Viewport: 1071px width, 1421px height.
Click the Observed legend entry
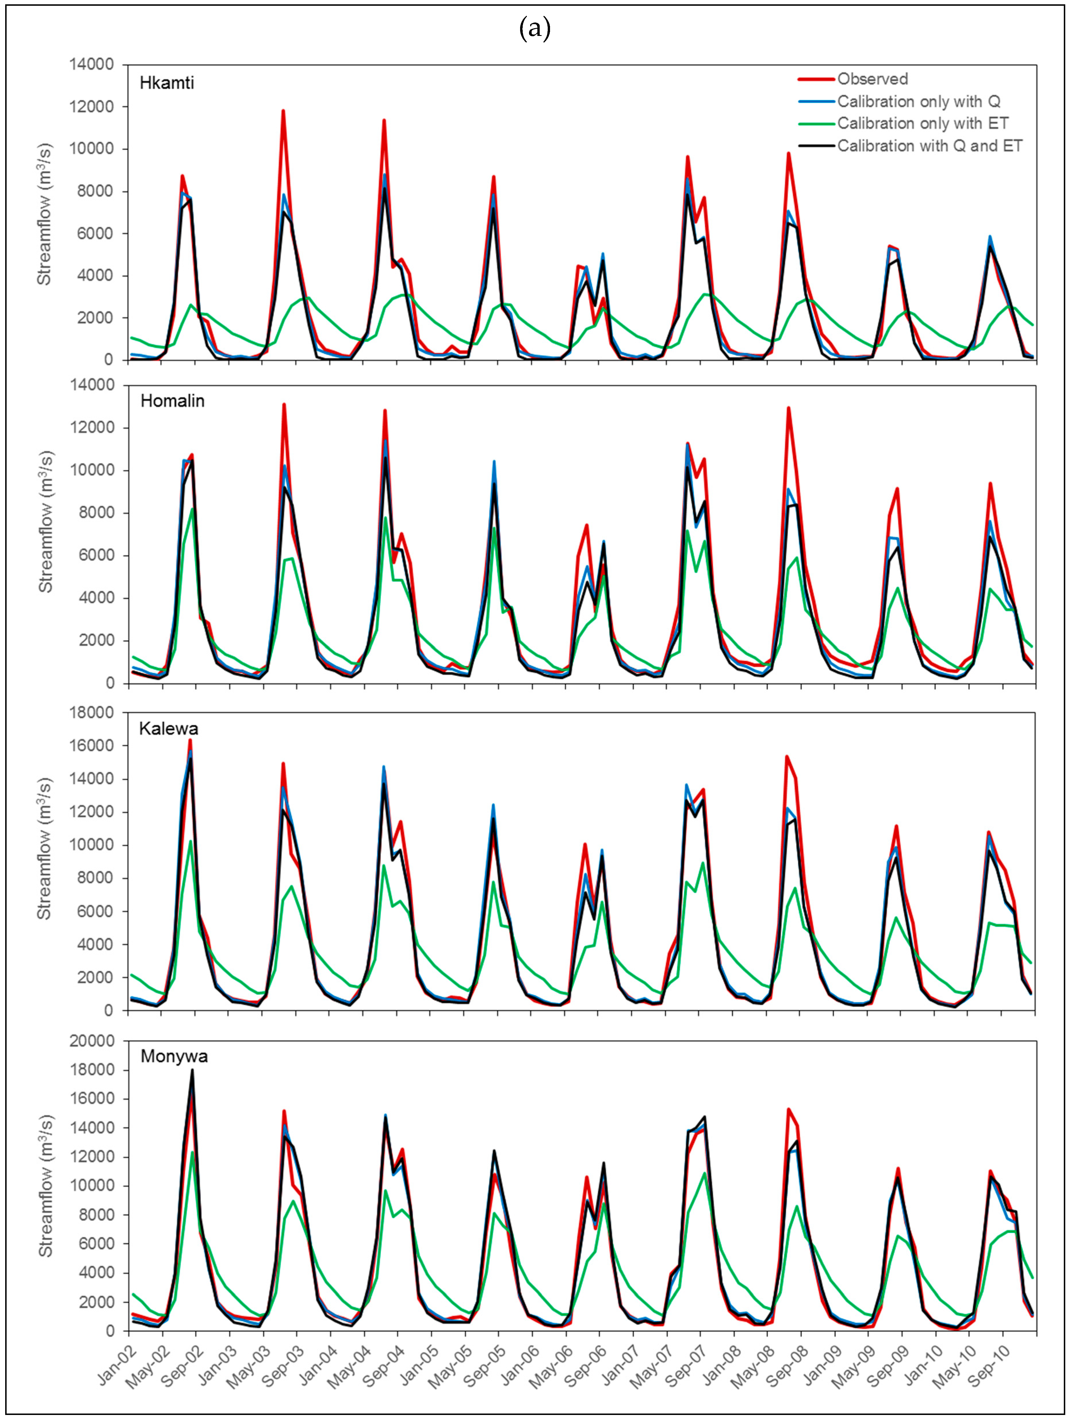click(x=872, y=79)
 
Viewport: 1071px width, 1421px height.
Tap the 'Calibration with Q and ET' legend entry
click(x=929, y=146)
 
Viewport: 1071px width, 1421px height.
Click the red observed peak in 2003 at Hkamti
click(x=283, y=111)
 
